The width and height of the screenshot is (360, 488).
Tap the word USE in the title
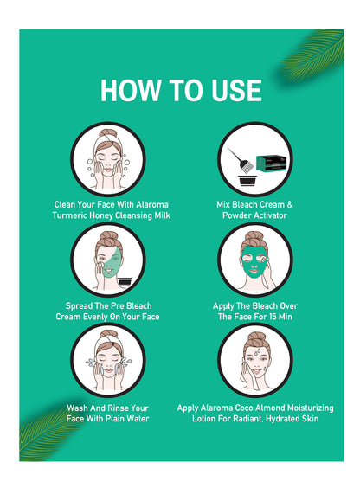click(236, 90)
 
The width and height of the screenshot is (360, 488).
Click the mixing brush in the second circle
click(239, 160)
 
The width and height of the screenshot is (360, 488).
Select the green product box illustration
click(271, 163)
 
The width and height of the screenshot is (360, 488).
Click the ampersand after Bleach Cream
click(290, 204)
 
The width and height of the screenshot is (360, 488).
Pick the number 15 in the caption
click(273, 317)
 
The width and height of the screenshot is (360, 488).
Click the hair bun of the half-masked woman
click(107, 236)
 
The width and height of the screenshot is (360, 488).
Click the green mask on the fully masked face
click(254, 262)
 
